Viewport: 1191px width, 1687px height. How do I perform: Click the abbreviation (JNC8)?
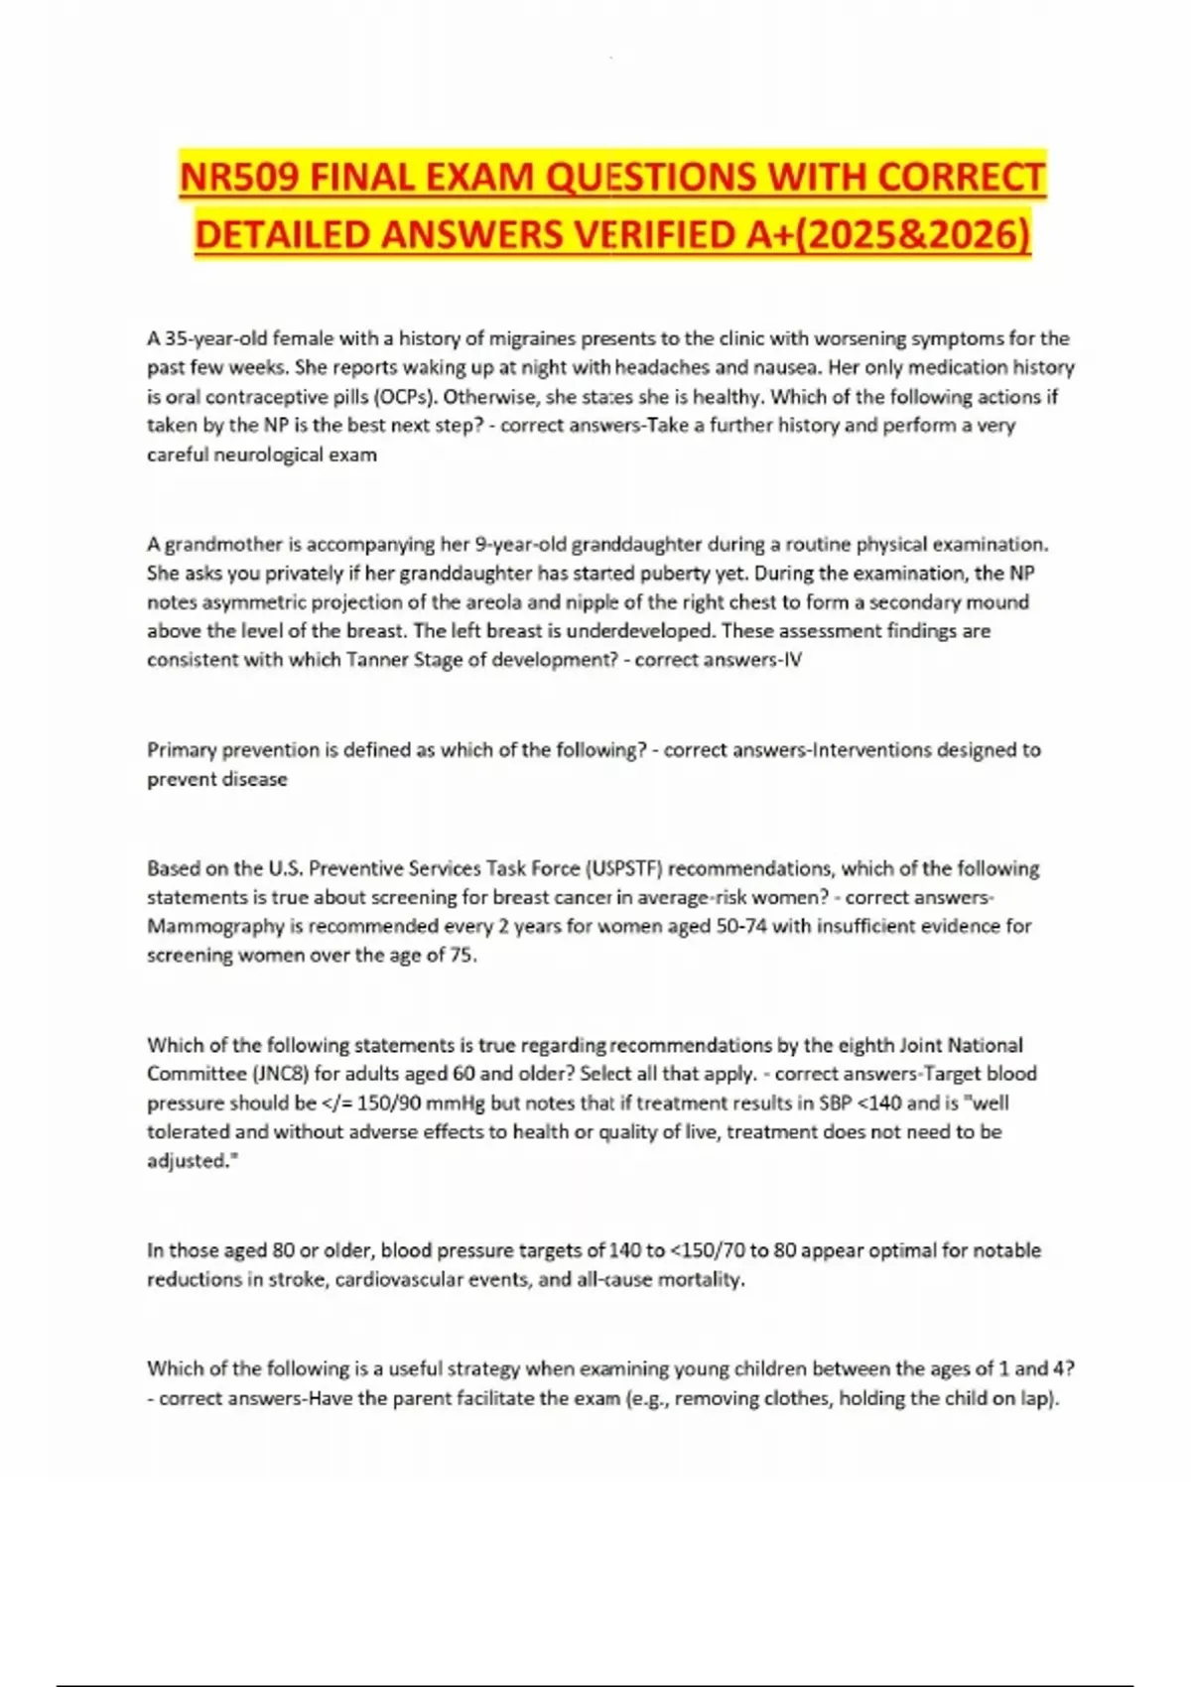279,1074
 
